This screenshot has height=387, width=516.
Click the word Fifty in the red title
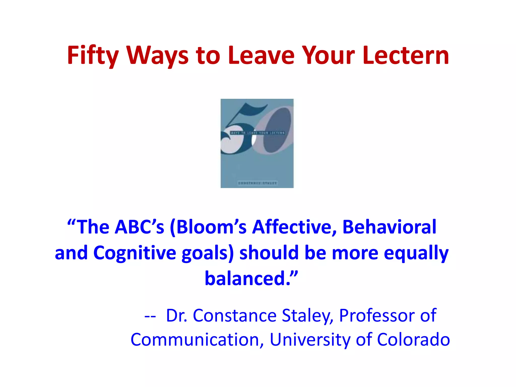(93, 55)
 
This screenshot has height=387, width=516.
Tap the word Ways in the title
(157, 55)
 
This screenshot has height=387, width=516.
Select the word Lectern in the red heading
(406, 55)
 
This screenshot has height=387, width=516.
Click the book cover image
(257, 143)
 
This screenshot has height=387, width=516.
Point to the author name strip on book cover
(257, 183)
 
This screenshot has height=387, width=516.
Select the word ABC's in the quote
(139, 227)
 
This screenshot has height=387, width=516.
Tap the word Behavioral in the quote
(389, 227)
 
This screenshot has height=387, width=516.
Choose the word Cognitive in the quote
(135, 253)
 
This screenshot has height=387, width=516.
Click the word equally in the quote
(416, 253)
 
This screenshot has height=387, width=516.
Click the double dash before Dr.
(150, 316)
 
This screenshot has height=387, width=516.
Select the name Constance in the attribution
(235, 315)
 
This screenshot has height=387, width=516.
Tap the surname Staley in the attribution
(307, 316)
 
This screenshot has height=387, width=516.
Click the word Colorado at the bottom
(413, 340)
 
